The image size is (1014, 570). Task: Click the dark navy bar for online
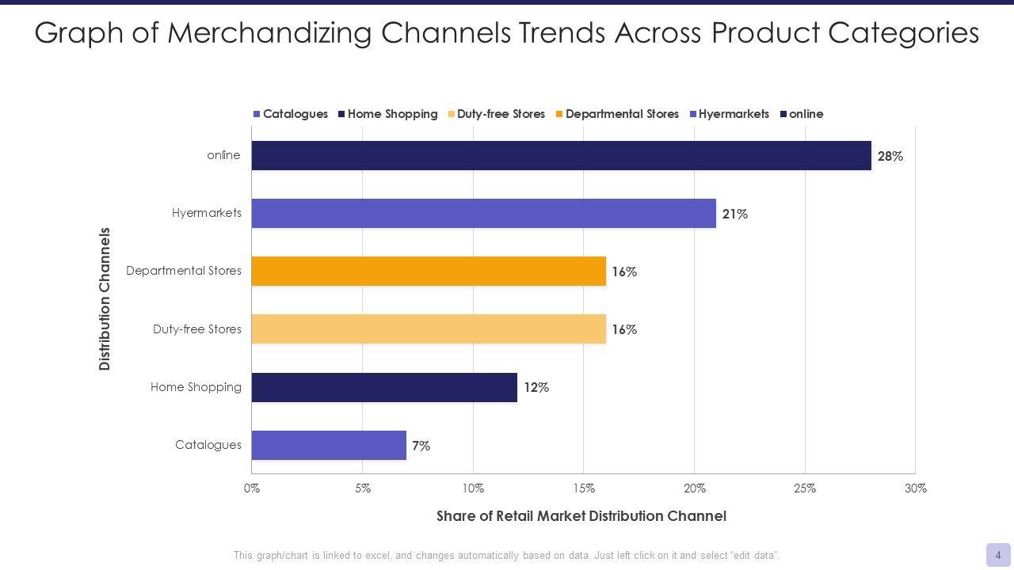coord(561,156)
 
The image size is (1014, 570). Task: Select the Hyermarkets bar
coord(483,214)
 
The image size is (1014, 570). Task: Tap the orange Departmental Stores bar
coord(429,272)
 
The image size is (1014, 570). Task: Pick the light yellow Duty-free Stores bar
coord(429,329)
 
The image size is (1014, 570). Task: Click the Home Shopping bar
coord(384,387)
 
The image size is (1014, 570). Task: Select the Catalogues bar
coord(329,445)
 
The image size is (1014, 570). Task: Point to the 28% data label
coord(890,157)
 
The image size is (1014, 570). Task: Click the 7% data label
coord(421,446)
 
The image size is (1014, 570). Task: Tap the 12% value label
coord(536,388)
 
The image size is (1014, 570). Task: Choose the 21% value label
coord(734,215)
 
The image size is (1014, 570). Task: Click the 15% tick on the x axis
coord(584,488)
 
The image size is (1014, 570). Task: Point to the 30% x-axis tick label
coord(915,488)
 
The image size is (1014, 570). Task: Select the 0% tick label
coord(252,488)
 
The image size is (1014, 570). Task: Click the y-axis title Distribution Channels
coord(105,299)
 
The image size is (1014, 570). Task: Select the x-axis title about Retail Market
coord(581,516)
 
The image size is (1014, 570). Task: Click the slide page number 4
coord(998,555)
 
